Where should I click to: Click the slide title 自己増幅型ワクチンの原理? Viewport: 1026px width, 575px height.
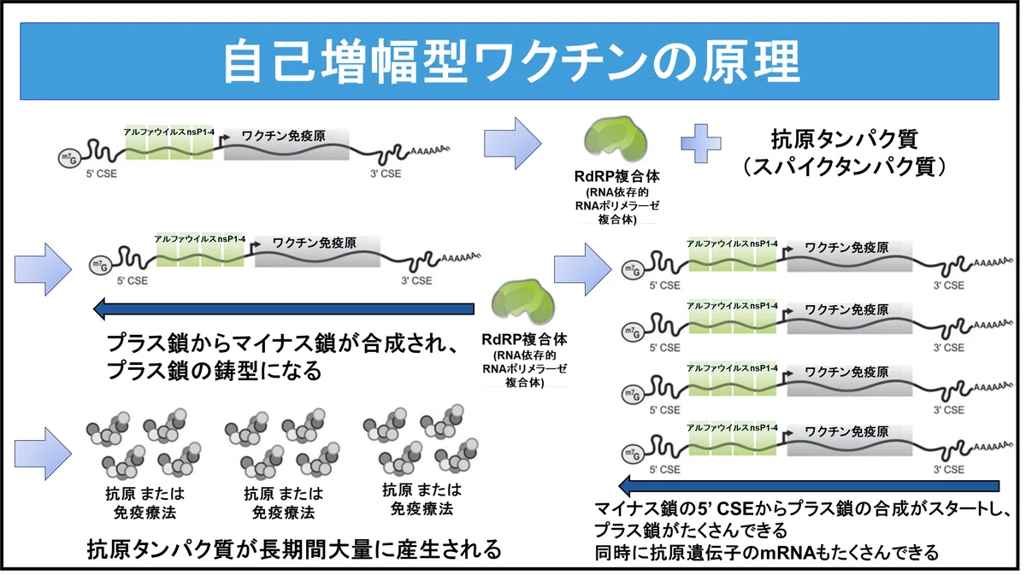pyautogui.click(x=511, y=62)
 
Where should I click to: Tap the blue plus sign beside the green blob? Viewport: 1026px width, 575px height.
pyautogui.click(x=701, y=144)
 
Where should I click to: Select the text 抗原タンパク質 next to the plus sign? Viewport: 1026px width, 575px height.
pyautogui.click(x=845, y=138)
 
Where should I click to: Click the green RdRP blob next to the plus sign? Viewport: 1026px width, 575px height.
pyautogui.click(x=616, y=139)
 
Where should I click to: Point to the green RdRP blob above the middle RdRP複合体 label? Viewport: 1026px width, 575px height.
pyautogui.click(x=523, y=302)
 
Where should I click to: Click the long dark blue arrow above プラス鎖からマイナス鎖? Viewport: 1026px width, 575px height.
pyautogui.click(x=284, y=308)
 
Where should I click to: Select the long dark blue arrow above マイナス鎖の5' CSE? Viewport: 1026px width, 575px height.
pyautogui.click(x=809, y=486)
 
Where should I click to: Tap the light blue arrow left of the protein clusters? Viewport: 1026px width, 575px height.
pyautogui.click(x=43, y=454)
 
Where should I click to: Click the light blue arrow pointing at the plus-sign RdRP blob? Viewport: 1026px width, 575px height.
pyautogui.click(x=513, y=144)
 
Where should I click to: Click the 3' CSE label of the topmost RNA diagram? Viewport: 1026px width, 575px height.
pyautogui.click(x=386, y=174)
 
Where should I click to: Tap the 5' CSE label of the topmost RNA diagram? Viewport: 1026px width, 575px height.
pyautogui.click(x=101, y=174)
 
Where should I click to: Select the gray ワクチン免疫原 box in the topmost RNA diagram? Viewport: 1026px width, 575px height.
pyautogui.click(x=286, y=144)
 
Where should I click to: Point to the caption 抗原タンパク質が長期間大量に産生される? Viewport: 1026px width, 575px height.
pyautogui.click(x=294, y=549)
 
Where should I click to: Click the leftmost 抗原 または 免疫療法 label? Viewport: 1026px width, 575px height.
pyautogui.click(x=144, y=503)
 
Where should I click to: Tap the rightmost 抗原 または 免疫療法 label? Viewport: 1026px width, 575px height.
pyautogui.click(x=422, y=500)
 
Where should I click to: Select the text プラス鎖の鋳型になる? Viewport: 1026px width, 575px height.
pyautogui.click(x=215, y=370)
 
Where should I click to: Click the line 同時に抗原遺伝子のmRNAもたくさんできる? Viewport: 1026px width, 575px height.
pyautogui.click(x=766, y=552)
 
